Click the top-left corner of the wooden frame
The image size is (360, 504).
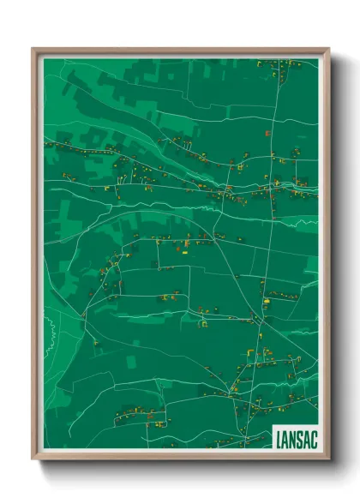(33, 49)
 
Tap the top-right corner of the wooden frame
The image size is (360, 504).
(328, 49)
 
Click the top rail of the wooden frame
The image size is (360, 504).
(180, 50)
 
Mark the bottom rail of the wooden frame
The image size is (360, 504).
(180, 458)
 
